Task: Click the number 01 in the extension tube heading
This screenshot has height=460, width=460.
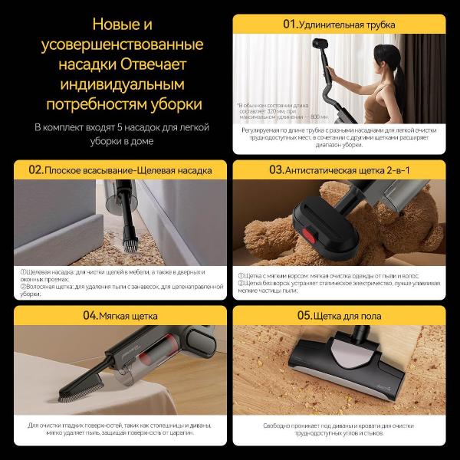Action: click(x=290, y=25)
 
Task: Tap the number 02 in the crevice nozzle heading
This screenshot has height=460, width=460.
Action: click(x=35, y=169)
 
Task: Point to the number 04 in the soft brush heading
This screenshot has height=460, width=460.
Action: click(x=90, y=315)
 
